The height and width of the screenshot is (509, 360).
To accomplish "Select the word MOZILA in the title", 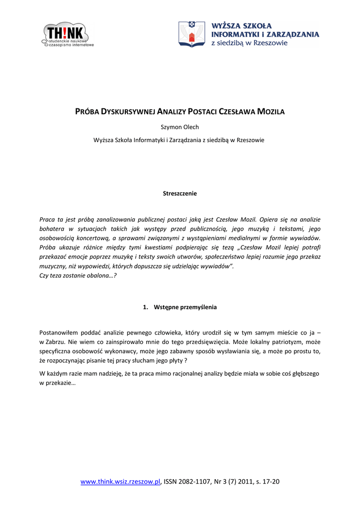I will tap(270, 112).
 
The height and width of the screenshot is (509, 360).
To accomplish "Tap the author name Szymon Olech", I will tap(180, 127).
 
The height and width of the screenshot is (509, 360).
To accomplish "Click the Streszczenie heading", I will tap(180, 193).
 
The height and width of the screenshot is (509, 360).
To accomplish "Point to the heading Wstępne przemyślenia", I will tap(185, 307).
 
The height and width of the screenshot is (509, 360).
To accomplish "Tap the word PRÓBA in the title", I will tap(87, 112).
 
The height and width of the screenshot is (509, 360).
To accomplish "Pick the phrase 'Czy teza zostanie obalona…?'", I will tap(78, 276).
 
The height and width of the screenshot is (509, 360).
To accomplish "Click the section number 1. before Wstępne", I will tap(146, 307).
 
